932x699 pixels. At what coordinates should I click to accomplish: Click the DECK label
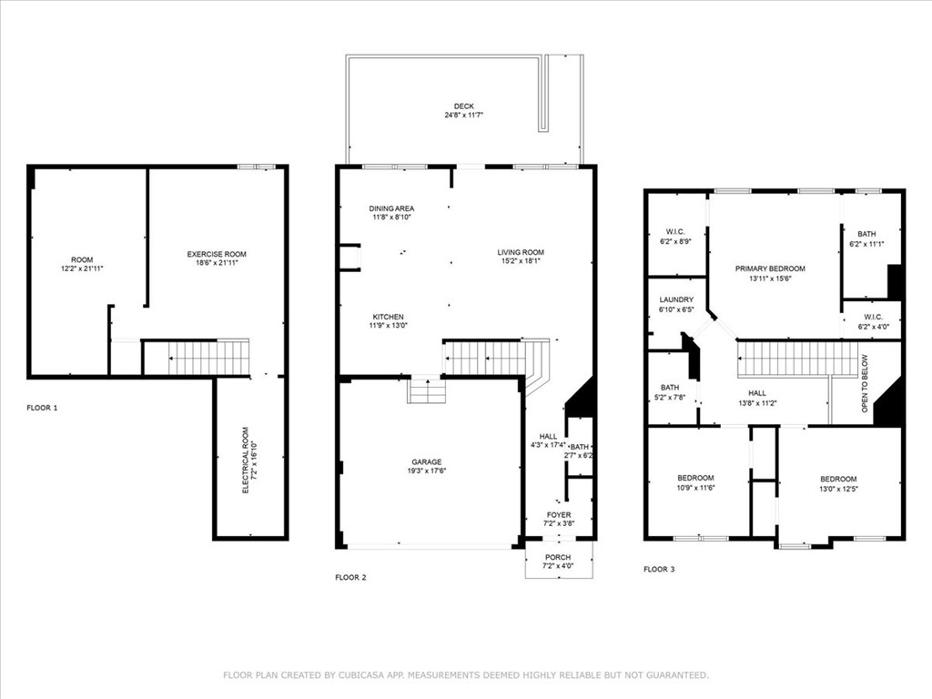click(x=464, y=106)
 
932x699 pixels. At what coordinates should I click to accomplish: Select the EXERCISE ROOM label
click(x=217, y=254)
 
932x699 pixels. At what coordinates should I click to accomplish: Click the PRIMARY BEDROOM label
click(x=770, y=268)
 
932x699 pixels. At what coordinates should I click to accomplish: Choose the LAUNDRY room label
click(x=675, y=299)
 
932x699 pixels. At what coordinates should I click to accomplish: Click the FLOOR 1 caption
click(x=42, y=408)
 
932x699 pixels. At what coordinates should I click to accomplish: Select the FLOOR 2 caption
click(x=350, y=577)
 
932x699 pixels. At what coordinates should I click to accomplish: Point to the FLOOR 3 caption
click(x=660, y=569)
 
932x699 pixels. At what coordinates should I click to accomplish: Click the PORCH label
click(x=558, y=557)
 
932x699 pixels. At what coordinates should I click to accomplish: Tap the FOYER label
click(x=559, y=515)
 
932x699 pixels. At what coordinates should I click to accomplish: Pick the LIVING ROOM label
click(x=521, y=252)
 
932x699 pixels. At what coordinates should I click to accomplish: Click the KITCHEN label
click(x=387, y=317)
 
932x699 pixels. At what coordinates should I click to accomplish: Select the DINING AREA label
click(x=391, y=208)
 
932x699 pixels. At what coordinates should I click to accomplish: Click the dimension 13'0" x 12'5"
click(x=837, y=490)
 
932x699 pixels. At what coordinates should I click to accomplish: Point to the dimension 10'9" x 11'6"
click(x=695, y=489)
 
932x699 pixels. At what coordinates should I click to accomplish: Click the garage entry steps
click(x=425, y=390)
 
